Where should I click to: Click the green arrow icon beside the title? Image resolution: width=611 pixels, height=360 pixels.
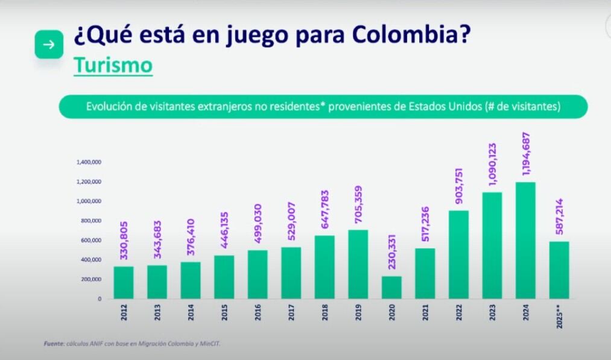[49, 45]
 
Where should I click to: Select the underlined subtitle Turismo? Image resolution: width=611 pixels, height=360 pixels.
[113, 65]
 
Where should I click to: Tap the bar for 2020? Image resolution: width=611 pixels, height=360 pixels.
[391, 287]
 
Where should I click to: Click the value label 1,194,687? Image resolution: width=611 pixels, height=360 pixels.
[526, 154]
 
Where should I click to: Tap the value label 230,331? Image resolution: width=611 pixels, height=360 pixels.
[392, 250]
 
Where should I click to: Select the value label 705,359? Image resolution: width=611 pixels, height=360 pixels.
[358, 204]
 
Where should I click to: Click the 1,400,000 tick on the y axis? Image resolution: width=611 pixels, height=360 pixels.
[88, 162]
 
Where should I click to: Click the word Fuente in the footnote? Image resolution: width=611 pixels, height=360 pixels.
[53, 344]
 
